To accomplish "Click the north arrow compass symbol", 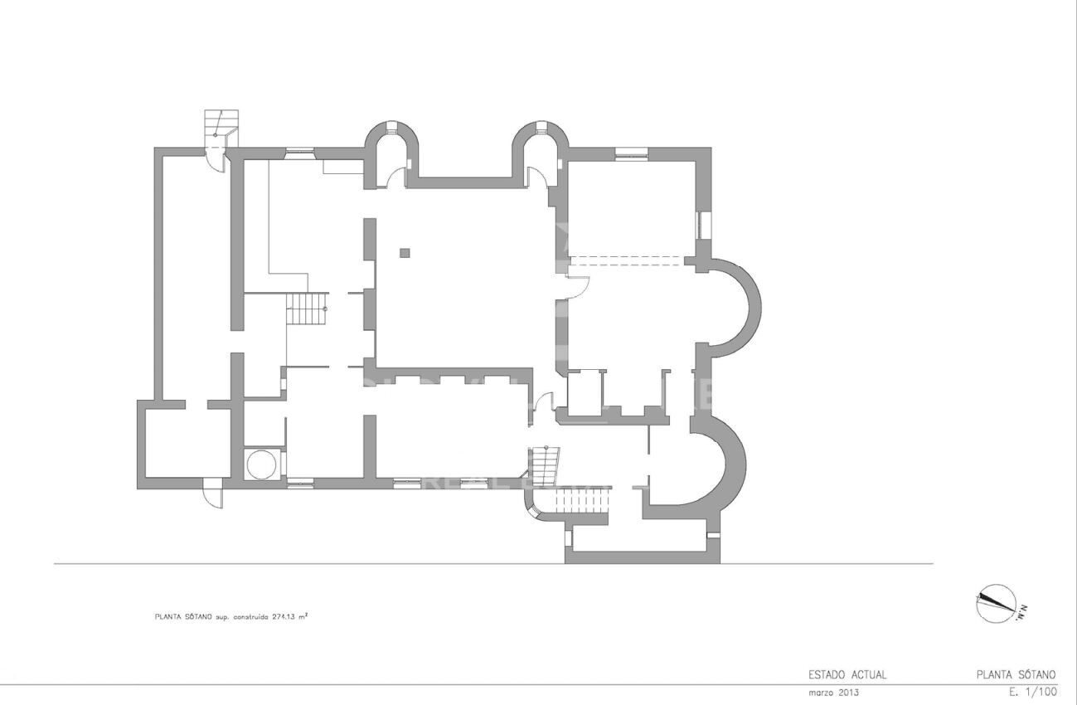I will (x=997, y=603).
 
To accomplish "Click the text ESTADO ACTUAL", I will (x=847, y=674).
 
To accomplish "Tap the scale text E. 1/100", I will (x=1032, y=691).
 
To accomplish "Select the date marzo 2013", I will (x=833, y=692).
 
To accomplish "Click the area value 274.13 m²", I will (x=291, y=616).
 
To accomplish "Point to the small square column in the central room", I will (x=404, y=253).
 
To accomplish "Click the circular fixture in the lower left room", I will (x=262, y=464).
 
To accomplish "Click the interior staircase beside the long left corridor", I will (x=308, y=309).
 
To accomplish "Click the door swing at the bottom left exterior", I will (x=214, y=494).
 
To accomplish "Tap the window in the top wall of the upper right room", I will (x=631, y=153).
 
